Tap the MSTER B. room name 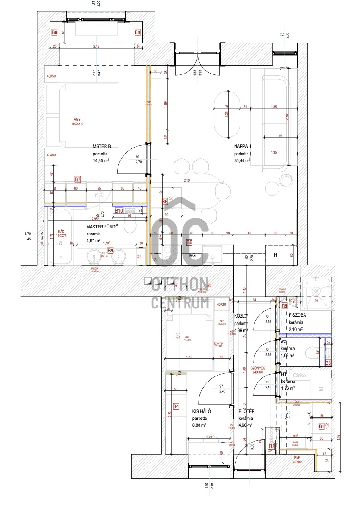coord(102,146)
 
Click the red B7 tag coord(78,179)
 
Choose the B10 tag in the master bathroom coord(118,211)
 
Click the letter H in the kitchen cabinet coord(275,255)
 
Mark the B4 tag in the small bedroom coord(176,406)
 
